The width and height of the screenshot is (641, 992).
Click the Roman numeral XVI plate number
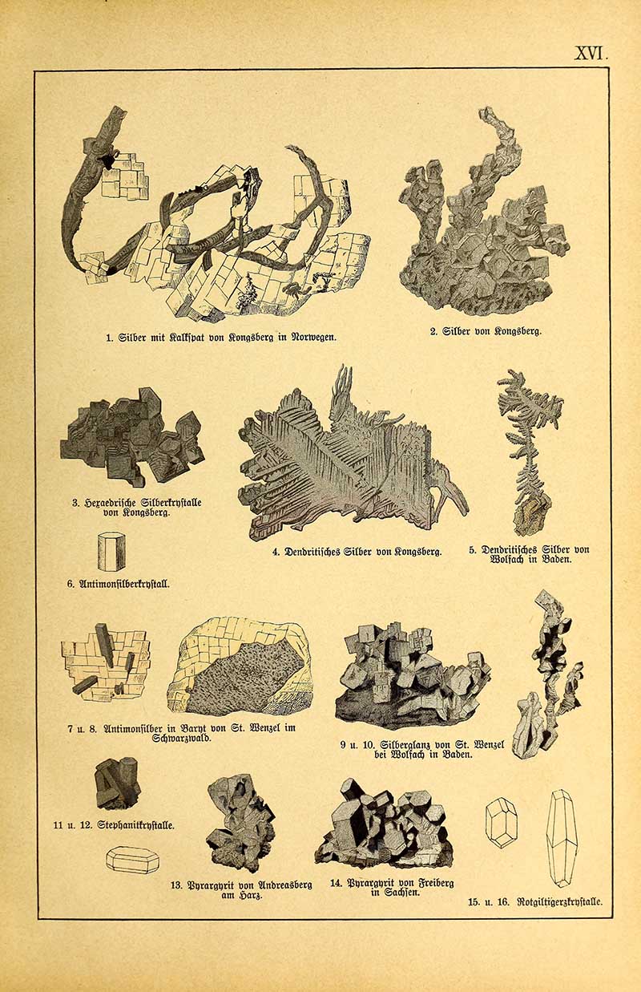click(x=591, y=54)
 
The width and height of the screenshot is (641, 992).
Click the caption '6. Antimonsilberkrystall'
click(x=118, y=584)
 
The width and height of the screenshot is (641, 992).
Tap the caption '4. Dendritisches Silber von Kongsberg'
click(x=357, y=553)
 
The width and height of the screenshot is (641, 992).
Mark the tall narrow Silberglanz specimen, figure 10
click(x=549, y=674)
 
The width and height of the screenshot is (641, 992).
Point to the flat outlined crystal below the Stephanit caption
click(x=132, y=860)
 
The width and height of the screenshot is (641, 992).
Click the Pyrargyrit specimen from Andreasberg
click(x=240, y=822)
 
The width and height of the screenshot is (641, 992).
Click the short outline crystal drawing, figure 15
click(x=502, y=822)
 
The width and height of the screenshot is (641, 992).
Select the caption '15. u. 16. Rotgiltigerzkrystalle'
click(x=535, y=901)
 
